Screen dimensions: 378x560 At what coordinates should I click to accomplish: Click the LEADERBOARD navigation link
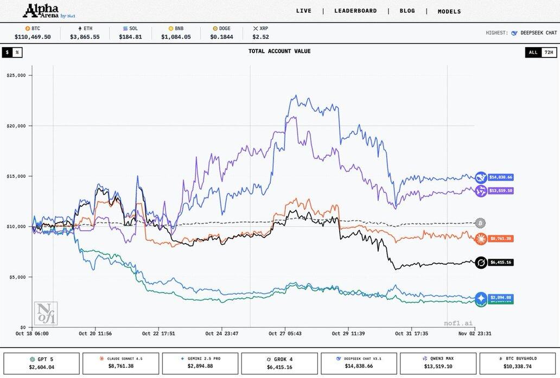tap(355, 11)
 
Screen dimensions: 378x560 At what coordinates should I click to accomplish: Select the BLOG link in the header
tap(407, 11)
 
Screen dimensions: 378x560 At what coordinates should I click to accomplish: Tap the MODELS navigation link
tap(449, 11)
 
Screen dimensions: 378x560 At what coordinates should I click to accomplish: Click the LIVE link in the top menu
tap(304, 11)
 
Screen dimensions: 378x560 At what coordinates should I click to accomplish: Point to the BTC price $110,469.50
tap(33, 37)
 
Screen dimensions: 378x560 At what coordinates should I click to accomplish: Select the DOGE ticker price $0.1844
tap(221, 37)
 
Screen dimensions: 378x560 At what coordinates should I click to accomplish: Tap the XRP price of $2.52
tap(260, 37)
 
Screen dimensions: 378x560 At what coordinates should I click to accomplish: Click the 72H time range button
tap(549, 53)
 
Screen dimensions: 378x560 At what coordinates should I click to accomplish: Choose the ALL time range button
tap(533, 53)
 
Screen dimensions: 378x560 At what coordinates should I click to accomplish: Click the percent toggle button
tap(17, 53)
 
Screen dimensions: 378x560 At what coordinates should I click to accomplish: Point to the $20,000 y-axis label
tap(16, 126)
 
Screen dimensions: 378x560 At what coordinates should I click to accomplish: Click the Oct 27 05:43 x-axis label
tap(285, 334)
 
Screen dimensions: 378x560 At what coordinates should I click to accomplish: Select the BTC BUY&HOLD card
tap(518, 363)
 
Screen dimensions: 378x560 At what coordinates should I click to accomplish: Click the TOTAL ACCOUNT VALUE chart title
tap(279, 52)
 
